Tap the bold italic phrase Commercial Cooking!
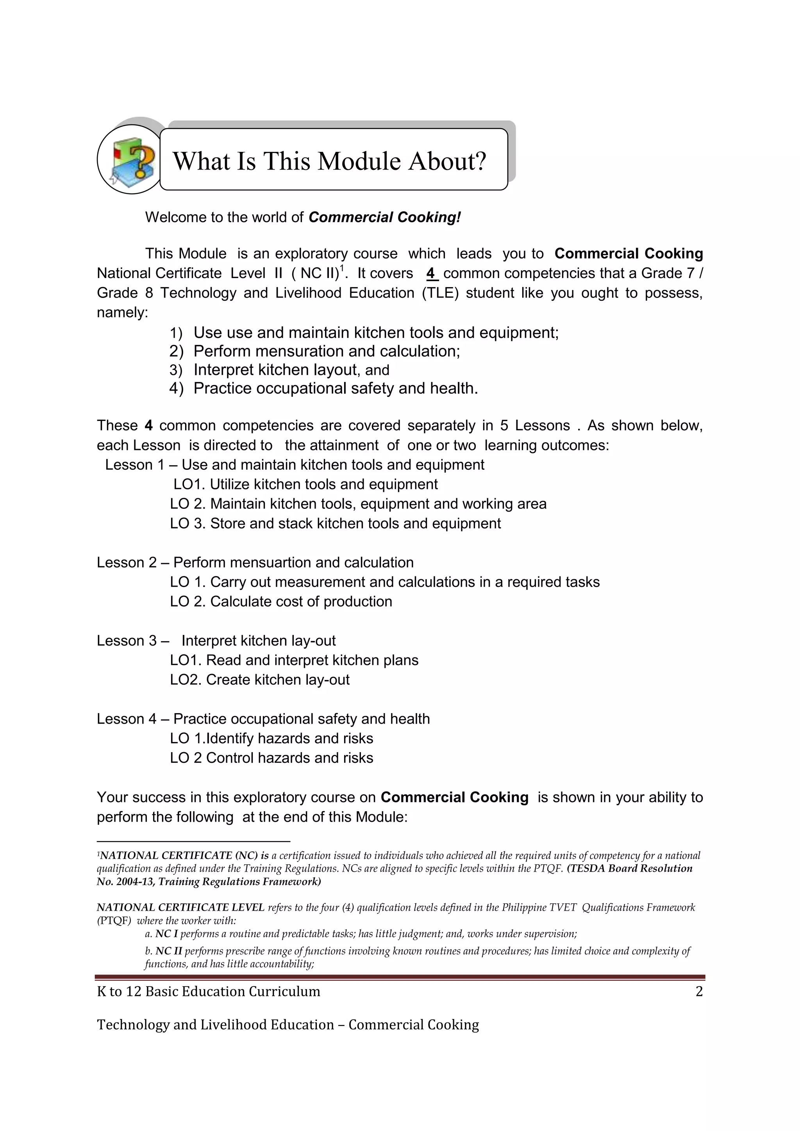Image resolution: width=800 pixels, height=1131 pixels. pos(384,217)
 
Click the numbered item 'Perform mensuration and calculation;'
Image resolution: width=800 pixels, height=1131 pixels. pos(326,351)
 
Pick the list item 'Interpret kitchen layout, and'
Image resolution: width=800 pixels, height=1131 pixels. pos(291,370)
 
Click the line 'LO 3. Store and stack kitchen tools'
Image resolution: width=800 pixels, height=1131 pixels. pos(335,523)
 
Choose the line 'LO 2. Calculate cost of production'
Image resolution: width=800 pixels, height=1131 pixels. pos(281,601)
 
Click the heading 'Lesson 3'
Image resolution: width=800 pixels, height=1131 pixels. pos(126,640)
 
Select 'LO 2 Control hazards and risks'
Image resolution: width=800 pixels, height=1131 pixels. pos(271,758)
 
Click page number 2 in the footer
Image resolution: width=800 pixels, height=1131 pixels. pos(698,992)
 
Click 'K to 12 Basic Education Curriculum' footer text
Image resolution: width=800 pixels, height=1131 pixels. pos(208,992)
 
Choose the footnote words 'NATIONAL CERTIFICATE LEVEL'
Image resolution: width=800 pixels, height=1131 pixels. pos(180,907)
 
